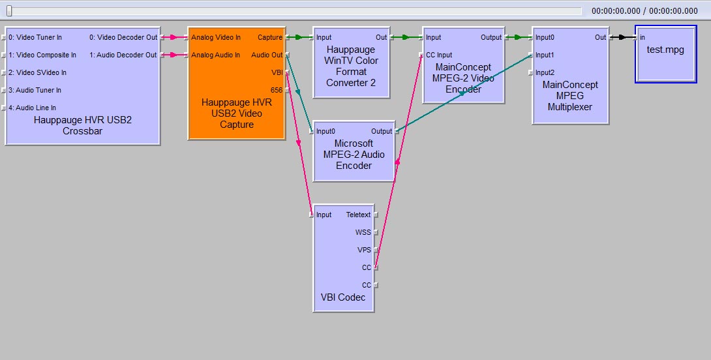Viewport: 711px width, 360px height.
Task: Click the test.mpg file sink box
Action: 666,54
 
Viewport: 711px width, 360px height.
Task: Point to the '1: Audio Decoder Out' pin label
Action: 123,55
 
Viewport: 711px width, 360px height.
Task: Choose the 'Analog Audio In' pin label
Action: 215,55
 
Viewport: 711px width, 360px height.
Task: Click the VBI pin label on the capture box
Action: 277,72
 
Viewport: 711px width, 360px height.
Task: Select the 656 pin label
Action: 277,90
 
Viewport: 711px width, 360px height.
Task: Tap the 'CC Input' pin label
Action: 439,55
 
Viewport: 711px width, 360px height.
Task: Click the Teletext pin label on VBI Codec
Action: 358,215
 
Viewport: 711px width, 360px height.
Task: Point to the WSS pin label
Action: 363,232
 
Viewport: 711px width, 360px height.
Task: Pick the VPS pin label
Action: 363,250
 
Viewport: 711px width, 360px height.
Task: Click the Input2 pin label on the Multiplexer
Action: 545,72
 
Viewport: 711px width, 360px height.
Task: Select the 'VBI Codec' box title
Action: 343,297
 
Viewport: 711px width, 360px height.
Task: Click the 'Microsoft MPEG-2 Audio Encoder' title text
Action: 354,155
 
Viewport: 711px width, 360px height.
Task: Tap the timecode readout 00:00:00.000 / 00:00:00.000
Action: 644,10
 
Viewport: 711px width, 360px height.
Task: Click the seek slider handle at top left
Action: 9,10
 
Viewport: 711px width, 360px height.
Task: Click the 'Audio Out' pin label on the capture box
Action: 267,55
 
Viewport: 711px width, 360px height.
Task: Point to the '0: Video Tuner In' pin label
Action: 35,37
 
